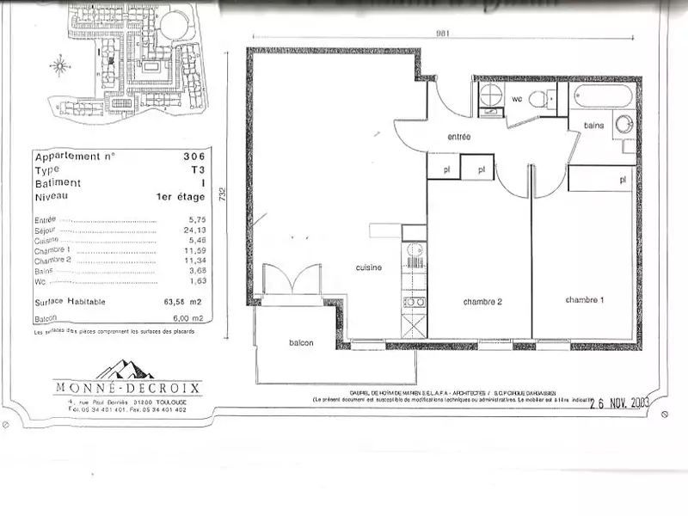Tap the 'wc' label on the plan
point(517,99)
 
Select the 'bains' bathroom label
point(593,126)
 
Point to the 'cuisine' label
point(369,267)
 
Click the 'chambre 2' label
point(482,302)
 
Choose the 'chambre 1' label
point(584,299)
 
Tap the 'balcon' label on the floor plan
point(300,343)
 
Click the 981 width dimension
point(442,34)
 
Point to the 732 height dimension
point(222,193)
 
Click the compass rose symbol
point(59,65)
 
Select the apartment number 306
point(193,157)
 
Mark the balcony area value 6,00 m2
point(188,319)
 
